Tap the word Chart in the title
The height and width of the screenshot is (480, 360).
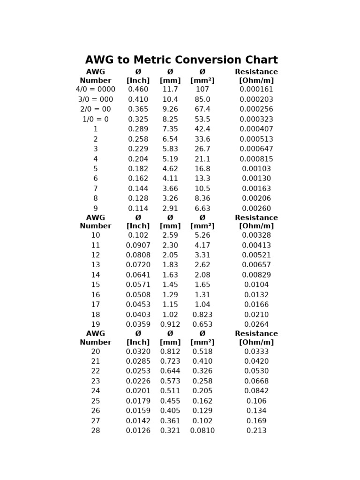point(261,60)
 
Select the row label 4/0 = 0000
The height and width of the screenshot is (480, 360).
point(96,90)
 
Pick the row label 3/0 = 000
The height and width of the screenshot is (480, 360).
point(96,99)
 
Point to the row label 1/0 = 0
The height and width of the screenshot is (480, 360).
point(96,120)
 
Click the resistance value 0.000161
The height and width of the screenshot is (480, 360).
point(256,90)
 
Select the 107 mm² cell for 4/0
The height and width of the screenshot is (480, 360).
point(202,90)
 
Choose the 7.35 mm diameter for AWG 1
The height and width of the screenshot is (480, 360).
point(170,129)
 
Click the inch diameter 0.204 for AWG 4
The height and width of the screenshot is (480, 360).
point(138,159)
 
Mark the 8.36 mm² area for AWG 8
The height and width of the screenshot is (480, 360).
point(202,199)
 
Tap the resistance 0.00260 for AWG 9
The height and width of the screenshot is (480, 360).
point(256,209)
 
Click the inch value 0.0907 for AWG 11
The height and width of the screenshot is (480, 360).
point(138,245)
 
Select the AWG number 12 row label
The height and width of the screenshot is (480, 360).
point(96,255)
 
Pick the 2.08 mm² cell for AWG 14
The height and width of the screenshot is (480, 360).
point(202,275)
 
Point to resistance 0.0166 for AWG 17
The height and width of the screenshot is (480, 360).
point(256,305)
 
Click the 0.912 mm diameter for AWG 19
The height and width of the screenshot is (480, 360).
point(170,324)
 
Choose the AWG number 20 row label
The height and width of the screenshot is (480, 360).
point(96,352)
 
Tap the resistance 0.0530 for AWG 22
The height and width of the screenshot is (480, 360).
point(256,371)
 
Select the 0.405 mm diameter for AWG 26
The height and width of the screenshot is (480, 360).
point(170,411)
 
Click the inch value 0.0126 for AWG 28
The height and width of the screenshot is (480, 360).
point(138,431)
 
